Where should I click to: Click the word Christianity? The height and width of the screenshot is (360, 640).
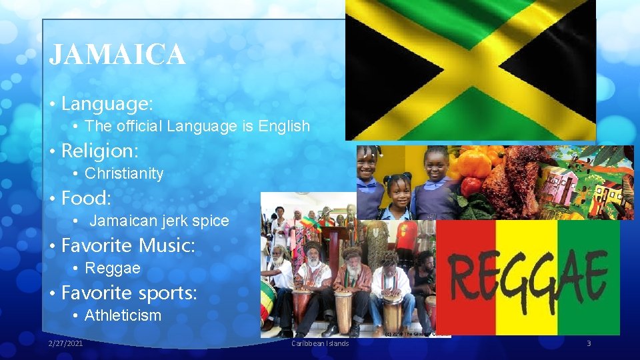pyautogui.click(x=124, y=174)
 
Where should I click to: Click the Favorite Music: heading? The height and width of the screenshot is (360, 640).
pyautogui.click(x=128, y=245)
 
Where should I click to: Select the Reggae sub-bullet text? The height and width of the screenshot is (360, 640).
pyautogui.click(x=113, y=269)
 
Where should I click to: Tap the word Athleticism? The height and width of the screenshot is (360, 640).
pyautogui.click(x=123, y=316)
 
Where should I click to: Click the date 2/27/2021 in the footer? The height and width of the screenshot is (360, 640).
pyautogui.click(x=66, y=343)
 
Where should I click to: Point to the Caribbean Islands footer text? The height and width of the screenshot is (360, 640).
pyautogui.click(x=320, y=343)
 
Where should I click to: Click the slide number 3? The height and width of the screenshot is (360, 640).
pyautogui.click(x=589, y=343)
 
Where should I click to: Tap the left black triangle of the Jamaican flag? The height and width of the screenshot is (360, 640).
pyautogui.click(x=387, y=70)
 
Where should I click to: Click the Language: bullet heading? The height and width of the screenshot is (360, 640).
pyautogui.click(x=107, y=104)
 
